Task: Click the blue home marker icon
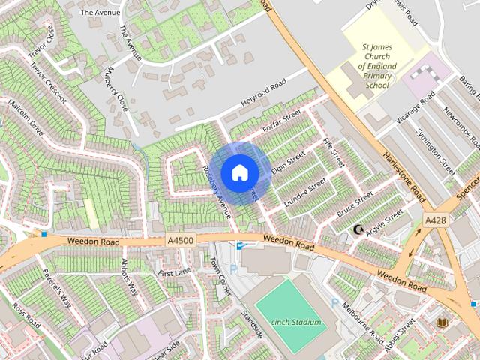(239, 172)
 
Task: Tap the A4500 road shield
(180, 240)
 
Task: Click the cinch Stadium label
(296, 322)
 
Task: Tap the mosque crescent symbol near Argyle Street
(358, 229)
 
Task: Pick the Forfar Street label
(283, 122)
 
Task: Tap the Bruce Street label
(355, 204)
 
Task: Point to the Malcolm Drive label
(26, 120)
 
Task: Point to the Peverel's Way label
(56, 288)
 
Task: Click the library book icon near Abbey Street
(442, 322)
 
